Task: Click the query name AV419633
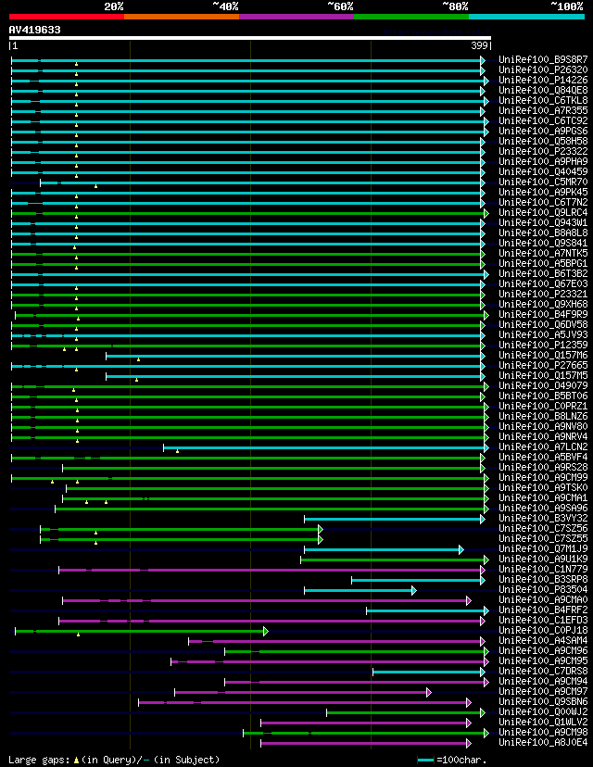click(x=35, y=30)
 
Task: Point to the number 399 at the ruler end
click(x=480, y=45)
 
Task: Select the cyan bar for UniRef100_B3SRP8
click(x=417, y=580)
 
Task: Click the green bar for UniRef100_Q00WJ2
click(x=403, y=712)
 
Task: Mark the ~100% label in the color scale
click(x=566, y=6)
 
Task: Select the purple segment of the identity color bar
click(x=296, y=16)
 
